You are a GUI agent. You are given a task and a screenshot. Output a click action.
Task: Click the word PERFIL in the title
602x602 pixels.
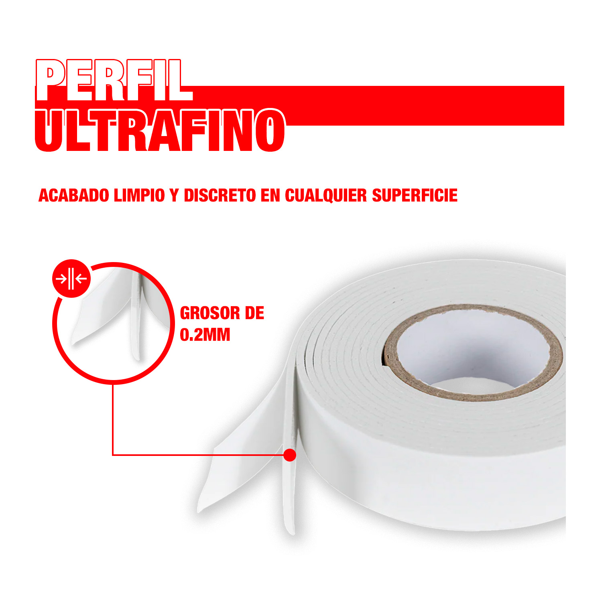coord(114,80)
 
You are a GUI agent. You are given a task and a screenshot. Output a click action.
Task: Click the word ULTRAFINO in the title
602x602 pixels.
coord(160,130)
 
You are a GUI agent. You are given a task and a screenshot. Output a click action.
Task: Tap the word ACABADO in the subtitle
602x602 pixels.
coord(74,195)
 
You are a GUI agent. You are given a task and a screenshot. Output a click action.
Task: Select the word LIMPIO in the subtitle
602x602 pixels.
coord(139,195)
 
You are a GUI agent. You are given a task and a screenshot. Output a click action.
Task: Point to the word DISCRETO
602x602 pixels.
coord(220,195)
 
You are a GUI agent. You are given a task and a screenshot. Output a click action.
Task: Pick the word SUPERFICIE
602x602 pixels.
coord(415,195)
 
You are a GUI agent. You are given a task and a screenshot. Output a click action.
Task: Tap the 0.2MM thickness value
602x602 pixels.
coord(205,335)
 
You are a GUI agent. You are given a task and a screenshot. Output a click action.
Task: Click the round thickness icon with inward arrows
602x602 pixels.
coord(72,279)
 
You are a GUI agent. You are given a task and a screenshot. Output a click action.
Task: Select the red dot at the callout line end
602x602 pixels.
coord(289,455)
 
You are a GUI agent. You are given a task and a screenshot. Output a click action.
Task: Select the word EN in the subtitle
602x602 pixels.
coord(270,195)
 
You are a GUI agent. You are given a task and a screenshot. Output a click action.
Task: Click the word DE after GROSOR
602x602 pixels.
coord(254,313)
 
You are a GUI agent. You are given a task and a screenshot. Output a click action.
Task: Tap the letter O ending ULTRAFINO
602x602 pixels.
coord(272,130)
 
